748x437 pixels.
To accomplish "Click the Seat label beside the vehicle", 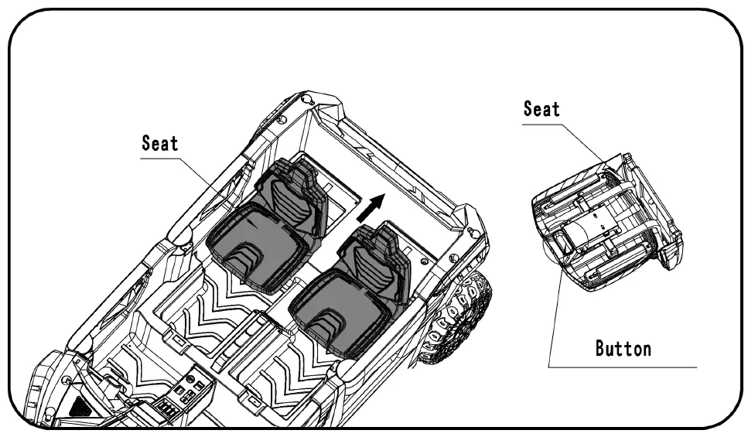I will (x=160, y=143).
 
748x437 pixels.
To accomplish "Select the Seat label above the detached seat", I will (x=541, y=109).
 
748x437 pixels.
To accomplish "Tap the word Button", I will (x=623, y=348).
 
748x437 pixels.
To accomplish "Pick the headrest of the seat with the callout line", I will (x=298, y=174).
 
